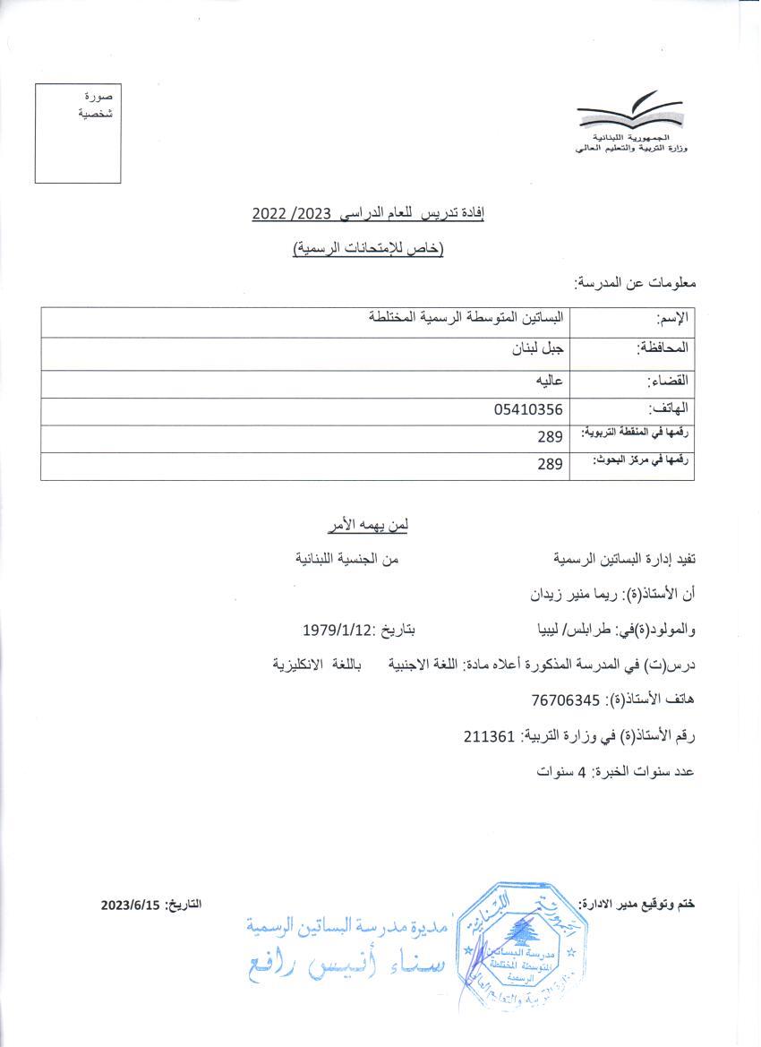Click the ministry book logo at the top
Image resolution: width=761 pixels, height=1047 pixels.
pos(630,114)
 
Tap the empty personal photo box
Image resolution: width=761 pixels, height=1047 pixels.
pos(78,133)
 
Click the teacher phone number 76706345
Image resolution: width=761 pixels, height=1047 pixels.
pos(555,699)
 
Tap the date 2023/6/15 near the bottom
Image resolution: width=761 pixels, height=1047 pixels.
pos(130,905)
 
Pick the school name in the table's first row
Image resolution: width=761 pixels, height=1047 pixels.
pos(466,318)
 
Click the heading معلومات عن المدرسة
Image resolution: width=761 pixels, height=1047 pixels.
pos(636,283)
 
